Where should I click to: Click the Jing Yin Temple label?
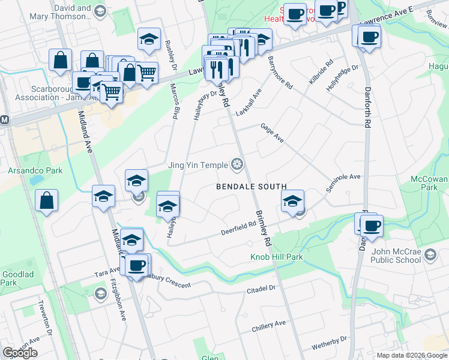point(197,165)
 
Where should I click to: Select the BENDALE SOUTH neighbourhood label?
point(252,187)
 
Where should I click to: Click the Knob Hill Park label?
point(277,257)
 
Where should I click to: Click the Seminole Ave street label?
point(343,180)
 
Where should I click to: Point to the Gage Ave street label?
point(272,132)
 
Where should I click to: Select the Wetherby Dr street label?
point(330,343)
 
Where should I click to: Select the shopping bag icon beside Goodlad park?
point(47,201)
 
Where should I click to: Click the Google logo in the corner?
point(20,353)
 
